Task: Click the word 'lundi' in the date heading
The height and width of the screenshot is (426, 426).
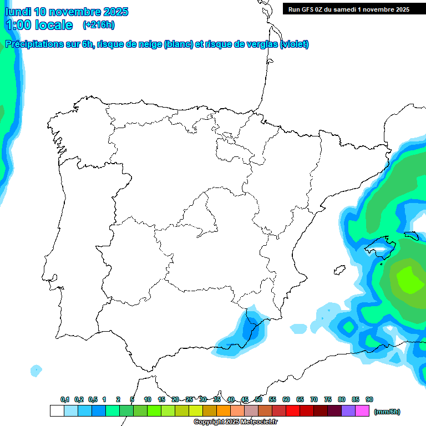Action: pyautogui.click(x=18, y=12)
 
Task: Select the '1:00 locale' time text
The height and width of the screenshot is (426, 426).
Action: pyautogui.click(x=39, y=25)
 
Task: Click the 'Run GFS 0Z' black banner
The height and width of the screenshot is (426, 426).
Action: pyautogui.click(x=349, y=9)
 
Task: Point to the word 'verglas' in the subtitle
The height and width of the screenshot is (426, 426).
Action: pyautogui.click(x=258, y=44)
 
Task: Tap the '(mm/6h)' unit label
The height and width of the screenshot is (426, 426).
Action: pyautogui.click(x=387, y=412)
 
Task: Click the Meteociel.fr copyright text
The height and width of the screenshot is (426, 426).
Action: pyautogui.click(x=235, y=422)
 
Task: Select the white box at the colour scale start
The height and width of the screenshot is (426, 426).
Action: pyautogui.click(x=57, y=411)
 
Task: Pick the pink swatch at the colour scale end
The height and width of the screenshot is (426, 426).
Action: pyautogui.click(x=362, y=411)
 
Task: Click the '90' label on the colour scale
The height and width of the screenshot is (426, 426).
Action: pyautogui.click(x=369, y=399)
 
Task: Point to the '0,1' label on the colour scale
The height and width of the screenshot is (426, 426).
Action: pyautogui.click(x=65, y=399)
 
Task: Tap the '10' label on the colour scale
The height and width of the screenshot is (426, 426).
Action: pyautogui.click(x=148, y=399)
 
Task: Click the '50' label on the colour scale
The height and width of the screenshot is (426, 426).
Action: pyautogui.click(x=258, y=399)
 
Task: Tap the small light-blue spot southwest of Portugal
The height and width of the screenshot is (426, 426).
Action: pyautogui.click(x=36, y=370)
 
